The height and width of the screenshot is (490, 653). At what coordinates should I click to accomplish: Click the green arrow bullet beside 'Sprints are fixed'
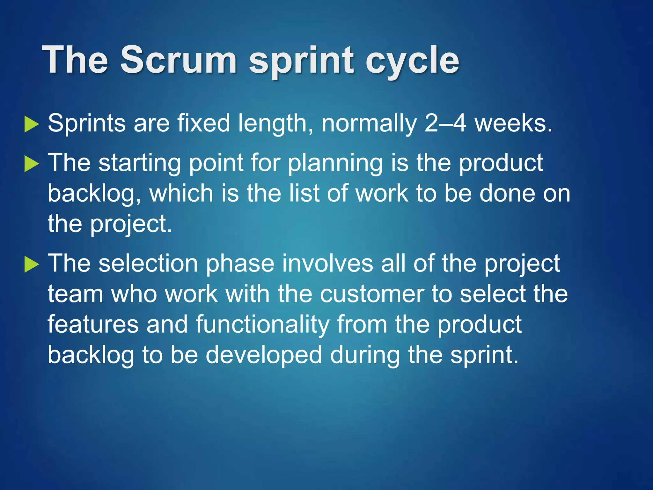(31, 124)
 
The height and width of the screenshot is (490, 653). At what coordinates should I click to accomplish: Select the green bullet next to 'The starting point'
(31, 164)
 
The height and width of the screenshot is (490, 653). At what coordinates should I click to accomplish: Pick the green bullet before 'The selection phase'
(31, 264)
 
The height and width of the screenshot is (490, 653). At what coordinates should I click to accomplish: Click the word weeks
(513, 123)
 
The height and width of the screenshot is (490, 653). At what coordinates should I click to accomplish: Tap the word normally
(369, 124)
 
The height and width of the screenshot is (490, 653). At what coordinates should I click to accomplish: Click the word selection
(148, 264)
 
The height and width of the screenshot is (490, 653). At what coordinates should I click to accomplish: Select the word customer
(372, 294)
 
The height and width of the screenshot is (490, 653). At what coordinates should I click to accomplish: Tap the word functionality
(262, 324)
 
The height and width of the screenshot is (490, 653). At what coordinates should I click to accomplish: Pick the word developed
(263, 355)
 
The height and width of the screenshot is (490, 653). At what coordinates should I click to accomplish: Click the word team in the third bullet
(76, 294)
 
